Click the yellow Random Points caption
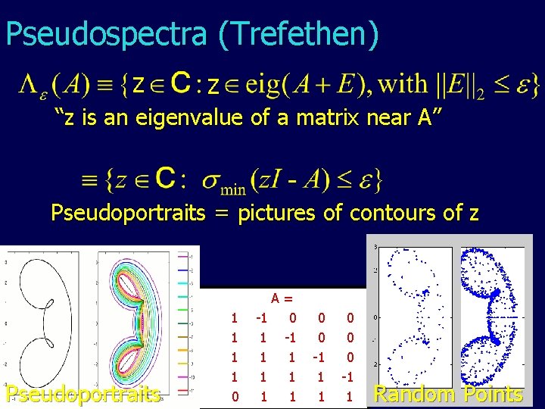(x=448, y=394)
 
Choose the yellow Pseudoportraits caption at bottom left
(x=83, y=395)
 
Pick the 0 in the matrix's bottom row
(x=235, y=396)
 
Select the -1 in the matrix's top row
(x=263, y=317)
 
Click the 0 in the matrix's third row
(x=349, y=357)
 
